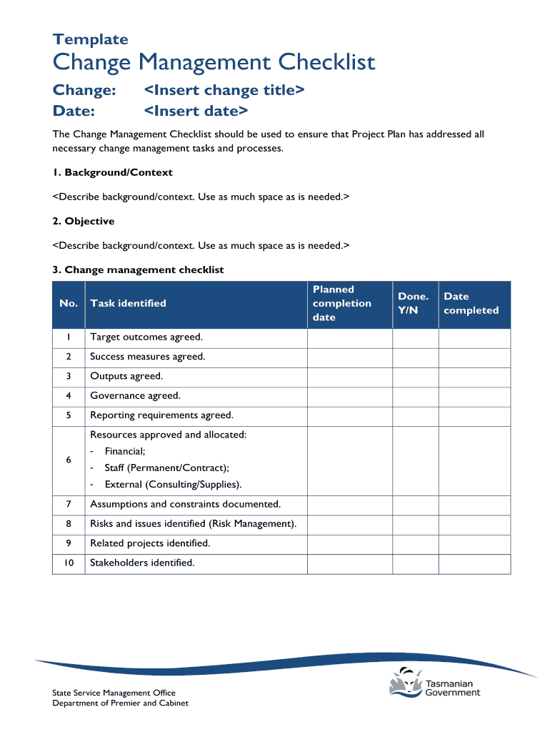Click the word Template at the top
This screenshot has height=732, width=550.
point(91,39)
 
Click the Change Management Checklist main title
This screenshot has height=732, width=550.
point(214,63)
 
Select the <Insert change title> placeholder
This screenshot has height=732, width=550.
point(224,90)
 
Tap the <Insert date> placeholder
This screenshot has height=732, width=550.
point(196,111)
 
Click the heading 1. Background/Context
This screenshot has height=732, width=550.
point(113,172)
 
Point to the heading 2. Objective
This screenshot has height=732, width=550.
point(84,221)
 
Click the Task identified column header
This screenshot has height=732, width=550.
point(128,303)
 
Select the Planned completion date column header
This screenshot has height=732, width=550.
point(342,303)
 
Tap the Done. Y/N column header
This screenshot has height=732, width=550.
point(414,303)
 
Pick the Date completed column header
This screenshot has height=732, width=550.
point(471,303)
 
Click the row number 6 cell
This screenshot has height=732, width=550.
point(69,460)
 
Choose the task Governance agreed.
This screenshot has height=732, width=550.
point(135,395)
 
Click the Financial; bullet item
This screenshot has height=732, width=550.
point(125,451)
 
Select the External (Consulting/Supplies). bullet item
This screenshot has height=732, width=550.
point(173,484)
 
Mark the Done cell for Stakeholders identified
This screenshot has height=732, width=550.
point(415,563)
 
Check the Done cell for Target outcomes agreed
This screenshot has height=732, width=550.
point(415,337)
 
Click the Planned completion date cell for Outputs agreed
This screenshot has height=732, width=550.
point(350,376)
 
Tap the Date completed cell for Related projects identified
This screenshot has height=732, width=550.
point(474,543)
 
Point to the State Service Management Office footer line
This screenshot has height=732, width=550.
point(114,693)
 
